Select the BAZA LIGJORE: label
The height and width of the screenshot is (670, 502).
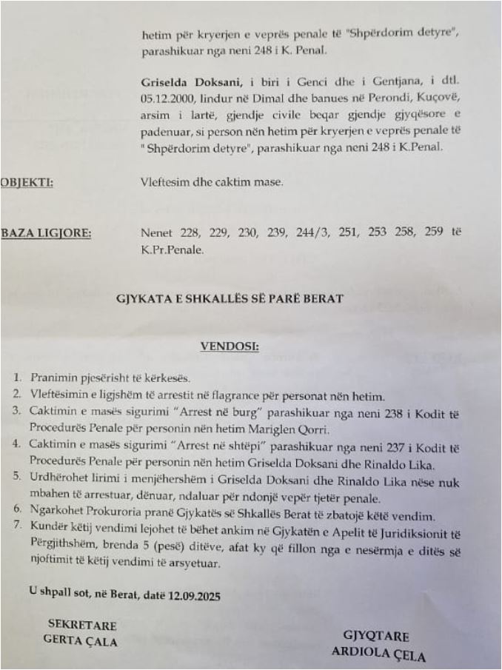(x=46, y=233)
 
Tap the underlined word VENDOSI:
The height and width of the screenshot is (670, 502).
(x=229, y=346)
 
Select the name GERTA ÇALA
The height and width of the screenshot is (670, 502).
(x=81, y=641)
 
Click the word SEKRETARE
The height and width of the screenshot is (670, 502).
(x=82, y=625)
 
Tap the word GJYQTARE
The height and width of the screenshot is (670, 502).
(x=376, y=637)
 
